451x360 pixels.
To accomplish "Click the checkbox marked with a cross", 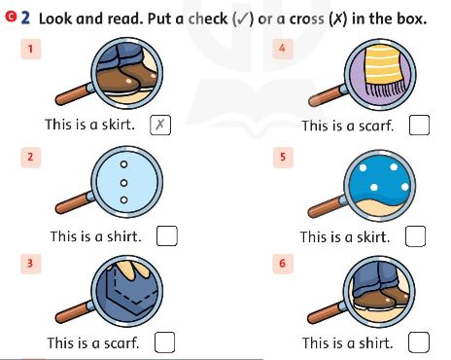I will coord(161,125).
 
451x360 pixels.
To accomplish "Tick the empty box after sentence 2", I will coord(166,235).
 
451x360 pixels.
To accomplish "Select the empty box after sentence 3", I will coord(164,342).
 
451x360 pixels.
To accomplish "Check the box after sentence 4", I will coord(419,126).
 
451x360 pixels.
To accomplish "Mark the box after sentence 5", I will coord(416,235).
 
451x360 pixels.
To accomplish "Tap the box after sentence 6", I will coord(419,342).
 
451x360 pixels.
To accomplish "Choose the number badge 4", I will coord(282,49).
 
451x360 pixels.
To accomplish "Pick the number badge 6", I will coord(282,264).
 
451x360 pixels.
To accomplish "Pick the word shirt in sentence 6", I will coord(376,342).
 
